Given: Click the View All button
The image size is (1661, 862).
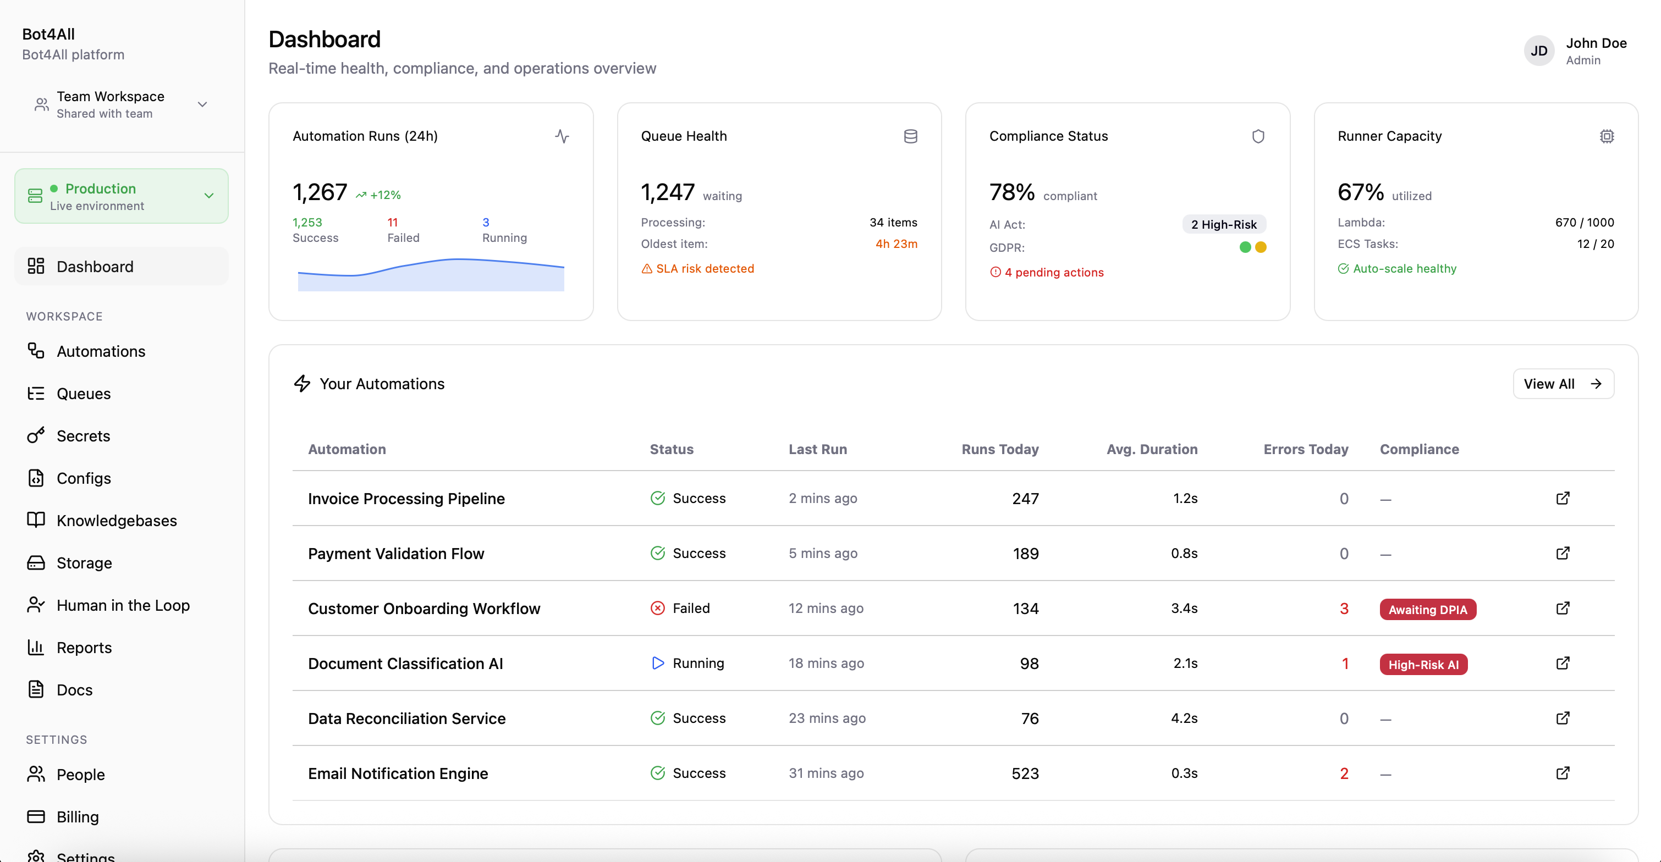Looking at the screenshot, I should tap(1563, 384).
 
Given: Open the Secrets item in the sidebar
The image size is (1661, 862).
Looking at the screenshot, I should tap(83, 436).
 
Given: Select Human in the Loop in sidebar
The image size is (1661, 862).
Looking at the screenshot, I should tap(123, 605).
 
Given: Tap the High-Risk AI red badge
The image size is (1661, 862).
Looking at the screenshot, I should tap(1422, 664).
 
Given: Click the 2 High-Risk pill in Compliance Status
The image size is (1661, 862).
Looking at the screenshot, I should tap(1223, 224).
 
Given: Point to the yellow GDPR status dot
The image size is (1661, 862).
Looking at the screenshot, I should tap(1261, 247).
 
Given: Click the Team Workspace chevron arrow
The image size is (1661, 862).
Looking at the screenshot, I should tap(202, 104).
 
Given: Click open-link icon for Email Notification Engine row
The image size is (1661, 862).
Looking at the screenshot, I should tap(1563, 772).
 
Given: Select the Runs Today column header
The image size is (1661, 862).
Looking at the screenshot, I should tap(999, 449).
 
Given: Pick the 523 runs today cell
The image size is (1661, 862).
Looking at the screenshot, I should tap(1025, 773).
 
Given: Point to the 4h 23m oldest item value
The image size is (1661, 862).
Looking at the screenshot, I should tap(895, 244).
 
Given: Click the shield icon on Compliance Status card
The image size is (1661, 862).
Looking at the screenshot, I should tap(1257, 136).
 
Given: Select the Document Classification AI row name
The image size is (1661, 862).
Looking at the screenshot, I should tap(405, 664).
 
